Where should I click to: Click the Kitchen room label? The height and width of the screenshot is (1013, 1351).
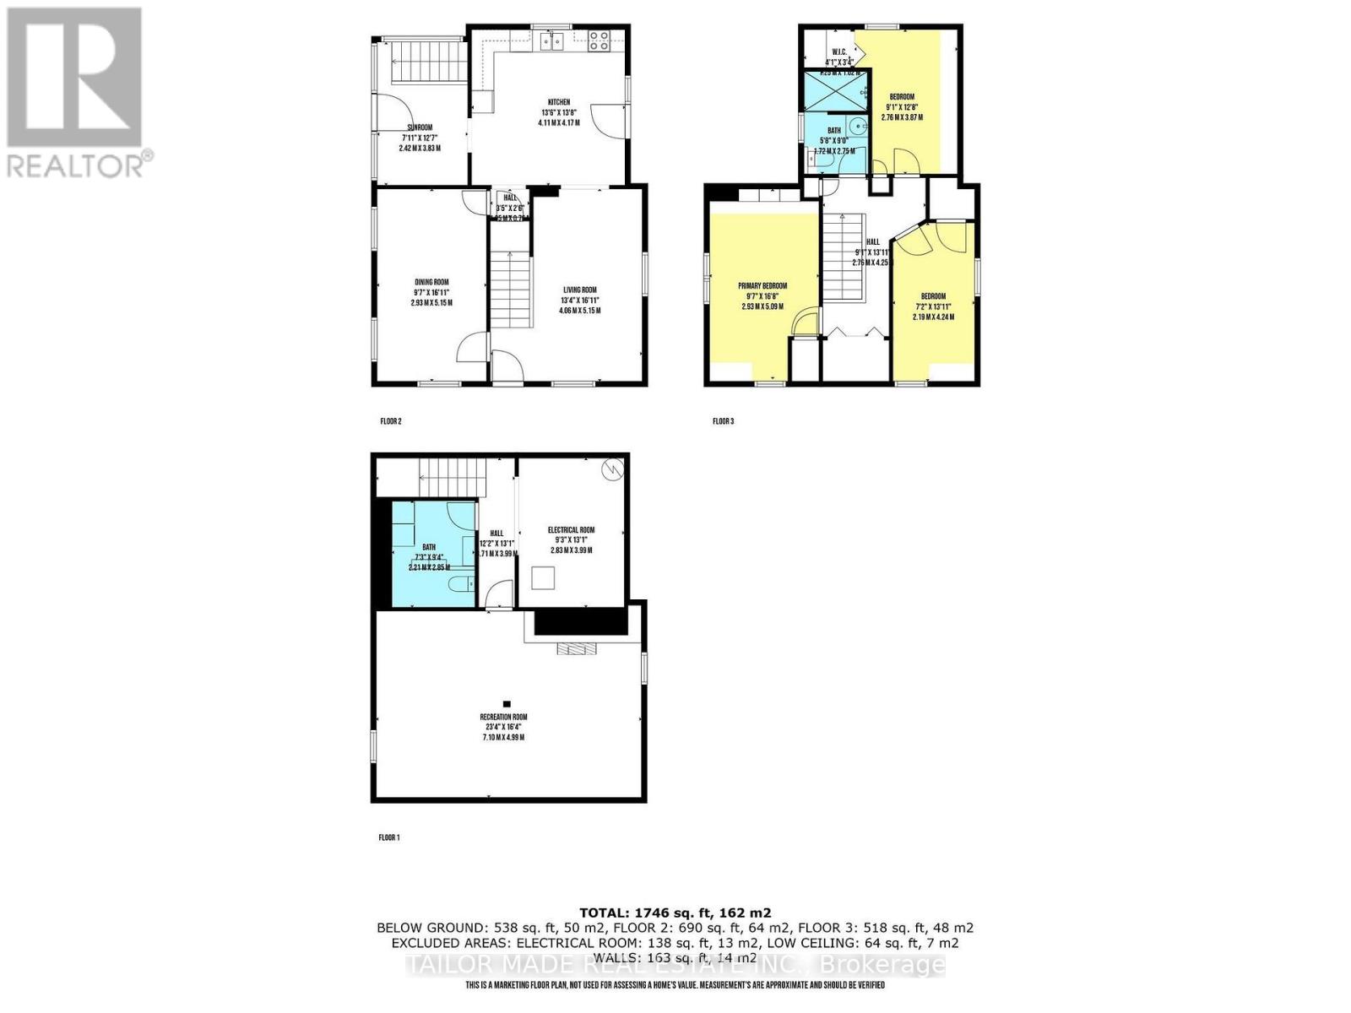(x=558, y=102)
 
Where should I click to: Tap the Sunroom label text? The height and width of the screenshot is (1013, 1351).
(x=420, y=128)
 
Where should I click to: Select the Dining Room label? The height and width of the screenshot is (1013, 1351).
(x=431, y=283)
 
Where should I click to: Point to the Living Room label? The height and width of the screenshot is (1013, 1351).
(x=578, y=290)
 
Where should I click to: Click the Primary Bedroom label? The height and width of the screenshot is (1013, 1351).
(x=762, y=286)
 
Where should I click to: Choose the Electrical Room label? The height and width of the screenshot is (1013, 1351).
(x=571, y=530)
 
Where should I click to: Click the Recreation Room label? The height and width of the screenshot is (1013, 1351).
(x=503, y=718)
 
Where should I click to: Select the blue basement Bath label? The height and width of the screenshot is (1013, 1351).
(x=429, y=547)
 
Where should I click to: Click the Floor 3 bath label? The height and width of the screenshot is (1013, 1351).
(x=834, y=131)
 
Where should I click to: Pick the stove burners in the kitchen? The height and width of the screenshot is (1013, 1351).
(x=600, y=40)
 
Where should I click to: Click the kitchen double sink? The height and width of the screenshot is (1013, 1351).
(x=553, y=41)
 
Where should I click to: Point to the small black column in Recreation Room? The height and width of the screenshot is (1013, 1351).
(x=507, y=702)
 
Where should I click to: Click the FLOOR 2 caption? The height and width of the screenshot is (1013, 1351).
(x=390, y=420)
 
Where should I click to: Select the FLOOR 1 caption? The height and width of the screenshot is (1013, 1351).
(x=388, y=837)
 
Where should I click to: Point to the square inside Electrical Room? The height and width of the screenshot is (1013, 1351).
(x=543, y=578)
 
